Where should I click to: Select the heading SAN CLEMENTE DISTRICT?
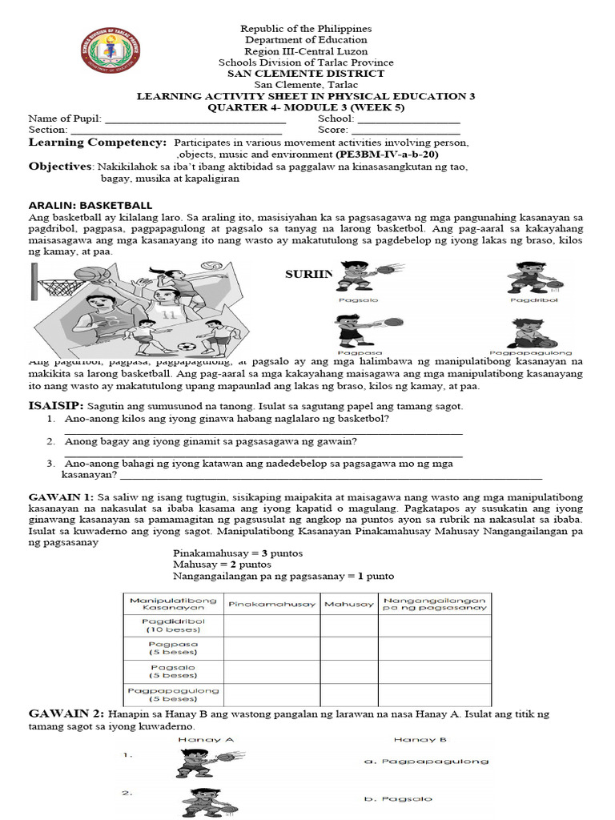(x=307, y=74)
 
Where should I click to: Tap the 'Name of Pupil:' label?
(x=65, y=119)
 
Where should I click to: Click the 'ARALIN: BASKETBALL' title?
(x=90, y=206)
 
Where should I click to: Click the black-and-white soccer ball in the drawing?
(x=187, y=348)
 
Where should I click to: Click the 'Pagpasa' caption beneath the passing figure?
(x=353, y=352)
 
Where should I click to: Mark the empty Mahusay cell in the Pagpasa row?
(x=349, y=649)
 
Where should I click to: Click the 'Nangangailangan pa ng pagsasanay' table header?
(x=435, y=603)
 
